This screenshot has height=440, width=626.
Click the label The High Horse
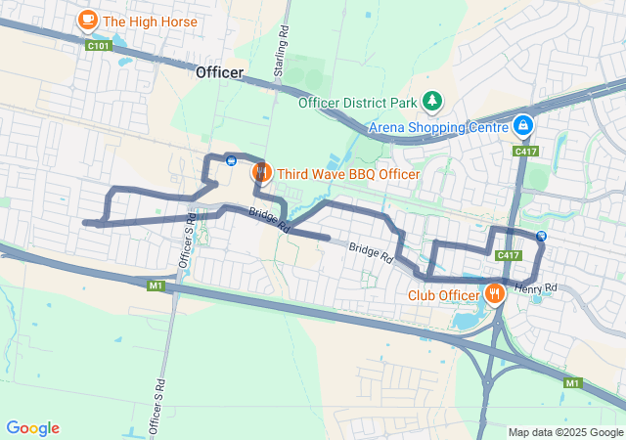point(150,21)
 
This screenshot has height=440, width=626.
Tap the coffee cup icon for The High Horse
point(87,19)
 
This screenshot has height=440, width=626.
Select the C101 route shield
point(97,45)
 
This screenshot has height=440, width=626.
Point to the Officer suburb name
point(219,72)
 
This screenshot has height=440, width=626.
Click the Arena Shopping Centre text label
point(439,127)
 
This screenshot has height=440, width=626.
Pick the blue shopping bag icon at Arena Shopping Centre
point(523,126)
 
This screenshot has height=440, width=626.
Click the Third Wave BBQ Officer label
point(348,174)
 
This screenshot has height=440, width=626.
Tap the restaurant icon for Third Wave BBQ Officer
point(261,174)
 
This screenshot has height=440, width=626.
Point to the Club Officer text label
point(444,294)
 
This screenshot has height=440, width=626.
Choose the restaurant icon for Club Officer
point(495,292)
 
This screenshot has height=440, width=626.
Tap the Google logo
point(32,428)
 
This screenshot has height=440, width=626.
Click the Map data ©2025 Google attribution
point(565,432)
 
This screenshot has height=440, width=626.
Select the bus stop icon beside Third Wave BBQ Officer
point(231,160)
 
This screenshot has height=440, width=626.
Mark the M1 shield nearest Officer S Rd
point(156,286)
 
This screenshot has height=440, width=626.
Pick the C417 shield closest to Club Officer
point(507,255)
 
